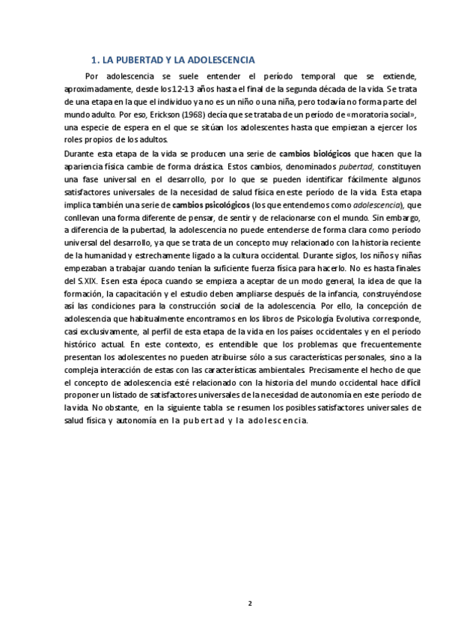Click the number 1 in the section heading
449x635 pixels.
pyautogui.click(x=93, y=59)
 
